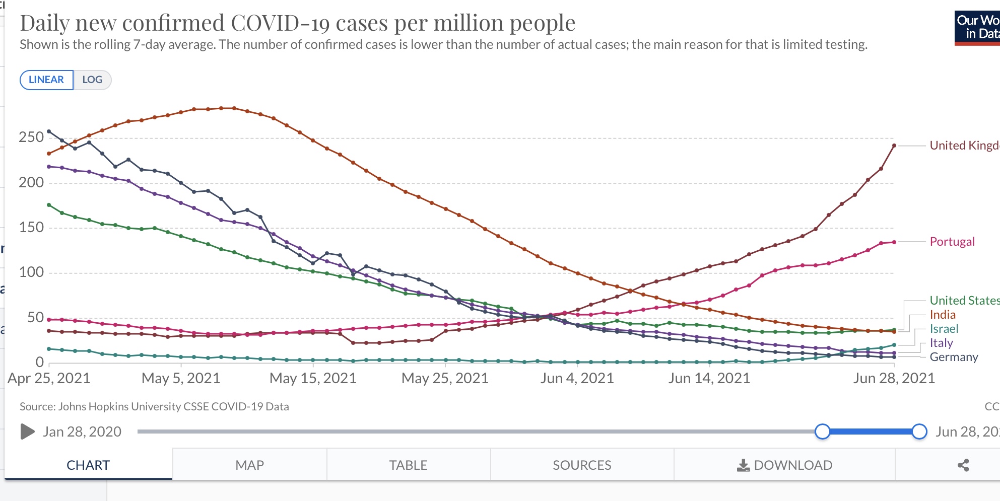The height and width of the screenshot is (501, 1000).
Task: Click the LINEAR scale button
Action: coord(46,80)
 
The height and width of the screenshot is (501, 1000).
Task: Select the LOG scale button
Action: coord(92,80)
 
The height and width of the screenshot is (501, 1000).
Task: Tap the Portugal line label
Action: coord(952,242)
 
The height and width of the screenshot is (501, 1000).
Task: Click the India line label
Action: coord(943,315)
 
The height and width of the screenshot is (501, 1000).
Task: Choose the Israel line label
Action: coord(944,329)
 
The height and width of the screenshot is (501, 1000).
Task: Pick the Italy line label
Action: coord(941,343)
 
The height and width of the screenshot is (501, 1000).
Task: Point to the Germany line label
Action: coord(954,357)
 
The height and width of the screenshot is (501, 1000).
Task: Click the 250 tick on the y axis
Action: coord(31,137)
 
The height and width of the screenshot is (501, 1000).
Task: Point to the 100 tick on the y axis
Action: coord(31,272)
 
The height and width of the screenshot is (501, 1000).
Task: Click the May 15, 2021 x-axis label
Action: coord(313,378)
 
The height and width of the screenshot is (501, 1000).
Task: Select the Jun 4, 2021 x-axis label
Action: coord(577,378)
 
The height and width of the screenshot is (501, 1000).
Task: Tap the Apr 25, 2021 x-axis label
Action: coord(49,378)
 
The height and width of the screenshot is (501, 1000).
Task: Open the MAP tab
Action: coord(249,465)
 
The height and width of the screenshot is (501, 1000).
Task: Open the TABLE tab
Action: coord(408,465)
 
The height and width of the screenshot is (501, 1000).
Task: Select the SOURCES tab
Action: coord(582,465)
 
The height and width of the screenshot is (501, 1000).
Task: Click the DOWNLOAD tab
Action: coord(784,465)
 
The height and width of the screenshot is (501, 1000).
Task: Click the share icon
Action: coord(963,465)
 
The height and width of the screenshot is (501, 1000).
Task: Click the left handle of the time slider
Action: coord(822,432)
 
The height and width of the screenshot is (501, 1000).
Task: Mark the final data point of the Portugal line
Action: coord(894,242)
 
